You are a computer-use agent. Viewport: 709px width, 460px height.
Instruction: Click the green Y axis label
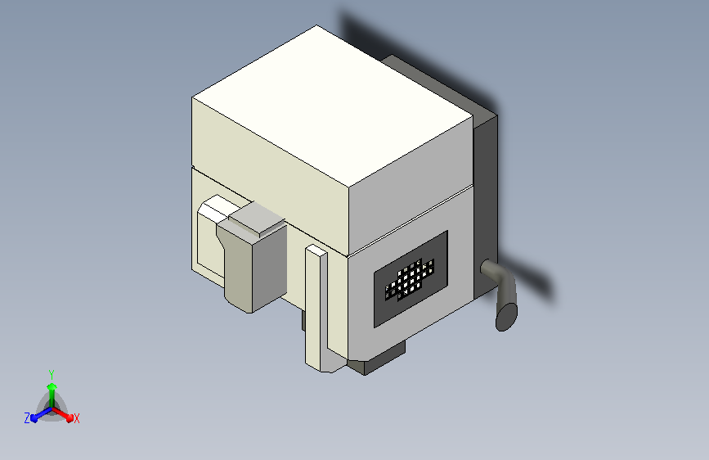(52, 372)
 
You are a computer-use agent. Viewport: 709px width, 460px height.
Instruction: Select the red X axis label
(77, 418)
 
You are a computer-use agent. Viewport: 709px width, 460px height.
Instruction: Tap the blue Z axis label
(27, 417)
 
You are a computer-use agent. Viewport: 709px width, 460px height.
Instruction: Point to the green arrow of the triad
(52, 388)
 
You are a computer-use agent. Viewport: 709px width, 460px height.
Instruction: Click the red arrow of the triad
(65, 413)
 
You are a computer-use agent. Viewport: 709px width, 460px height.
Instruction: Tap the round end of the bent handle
(507, 315)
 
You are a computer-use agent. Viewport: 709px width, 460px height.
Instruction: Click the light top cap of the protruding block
(256, 219)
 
